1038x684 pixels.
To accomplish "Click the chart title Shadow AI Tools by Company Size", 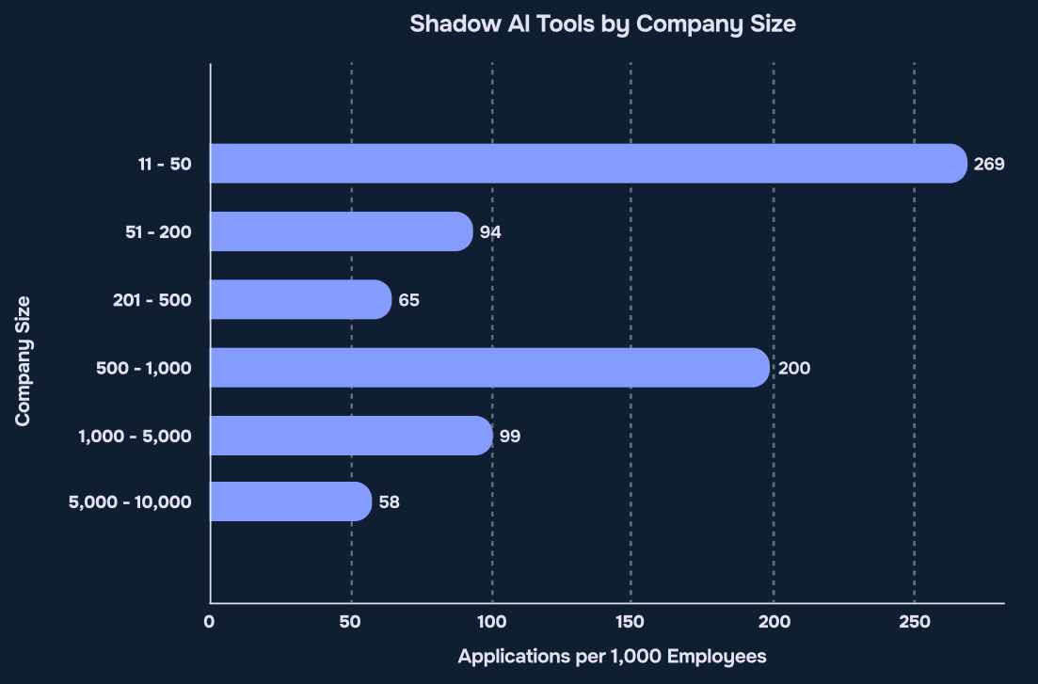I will pyautogui.click(x=602, y=24).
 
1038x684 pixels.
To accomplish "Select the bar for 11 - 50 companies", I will pyautogui.click(x=588, y=164).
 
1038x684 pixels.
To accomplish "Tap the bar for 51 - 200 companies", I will pyautogui.click(x=341, y=231).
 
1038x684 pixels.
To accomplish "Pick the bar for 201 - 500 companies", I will pyautogui.click(x=300, y=299).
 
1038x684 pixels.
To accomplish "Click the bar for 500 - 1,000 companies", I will pyautogui.click(x=489, y=367).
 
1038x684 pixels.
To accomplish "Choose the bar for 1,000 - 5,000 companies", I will pyautogui.click(x=351, y=435).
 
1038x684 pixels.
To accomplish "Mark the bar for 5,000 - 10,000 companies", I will pyautogui.click(x=291, y=501).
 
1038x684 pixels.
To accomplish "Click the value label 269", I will pyautogui.click(x=989, y=165).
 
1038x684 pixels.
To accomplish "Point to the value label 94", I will pyautogui.click(x=490, y=232).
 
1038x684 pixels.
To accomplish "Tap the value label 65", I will pyautogui.click(x=408, y=300).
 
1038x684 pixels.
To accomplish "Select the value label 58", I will pyautogui.click(x=390, y=502).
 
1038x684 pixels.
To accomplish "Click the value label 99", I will pyautogui.click(x=510, y=436).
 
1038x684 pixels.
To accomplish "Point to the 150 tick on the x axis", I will pyautogui.click(x=631, y=622).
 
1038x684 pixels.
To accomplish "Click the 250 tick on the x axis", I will pyautogui.click(x=914, y=622).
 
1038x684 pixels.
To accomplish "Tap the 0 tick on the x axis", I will pyautogui.click(x=210, y=622).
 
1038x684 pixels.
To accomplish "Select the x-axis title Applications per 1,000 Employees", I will pyautogui.click(x=612, y=657).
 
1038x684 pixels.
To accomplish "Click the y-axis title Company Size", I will pyautogui.click(x=24, y=360).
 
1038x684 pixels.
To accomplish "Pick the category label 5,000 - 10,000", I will pyautogui.click(x=130, y=502).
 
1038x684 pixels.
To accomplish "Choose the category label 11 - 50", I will pyautogui.click(x=164, y=165).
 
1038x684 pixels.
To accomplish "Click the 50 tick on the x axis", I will pyautogui.click(x=350, y=622).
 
